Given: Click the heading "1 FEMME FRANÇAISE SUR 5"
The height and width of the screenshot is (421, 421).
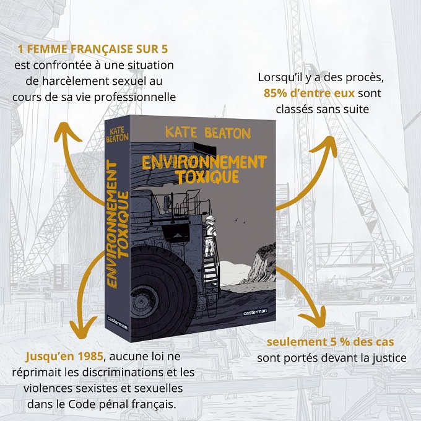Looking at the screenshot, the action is pyautogui.click(x=93, y=49).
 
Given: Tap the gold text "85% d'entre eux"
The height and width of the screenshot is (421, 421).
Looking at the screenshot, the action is pyautogui.click(x=309, y=93).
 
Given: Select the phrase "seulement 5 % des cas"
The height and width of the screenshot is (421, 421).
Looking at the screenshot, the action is pyautogui.click(x=330, y=342).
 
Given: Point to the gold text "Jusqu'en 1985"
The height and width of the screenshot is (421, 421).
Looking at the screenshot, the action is pyautogui.click(x=64, y=356).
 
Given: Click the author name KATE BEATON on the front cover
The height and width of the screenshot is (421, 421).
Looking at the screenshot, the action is pyautogui.click(x=208, y=132).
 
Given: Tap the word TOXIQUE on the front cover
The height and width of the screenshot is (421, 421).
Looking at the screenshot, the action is pyautogui.click(x=208, y=176).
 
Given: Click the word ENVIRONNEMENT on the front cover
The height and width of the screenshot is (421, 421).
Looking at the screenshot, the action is pyautogui.click(x=204, y=162).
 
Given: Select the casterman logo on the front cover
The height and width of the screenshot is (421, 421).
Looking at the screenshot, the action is pyautogui.click(x=255, y=312).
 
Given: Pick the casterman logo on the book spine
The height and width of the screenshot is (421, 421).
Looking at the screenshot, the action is pyautogui.click(x=118, y=322).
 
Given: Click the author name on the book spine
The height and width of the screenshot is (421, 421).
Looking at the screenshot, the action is pyautogui.click(x=117, y=134).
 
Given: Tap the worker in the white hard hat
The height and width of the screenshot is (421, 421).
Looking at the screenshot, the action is pyautogui.click(x=210, y=237).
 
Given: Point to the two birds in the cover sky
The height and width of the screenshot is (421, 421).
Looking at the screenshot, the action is pyautogui.click(x=240, y=220).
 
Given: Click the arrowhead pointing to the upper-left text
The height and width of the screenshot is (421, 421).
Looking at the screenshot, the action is pyautogui.click(x=67, y=132).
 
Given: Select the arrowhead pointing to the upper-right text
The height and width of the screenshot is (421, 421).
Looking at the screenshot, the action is pyautogui.click(x=326, y=147).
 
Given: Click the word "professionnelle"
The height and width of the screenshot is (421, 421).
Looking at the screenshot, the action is pyautogui.click(x=135, y=97).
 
